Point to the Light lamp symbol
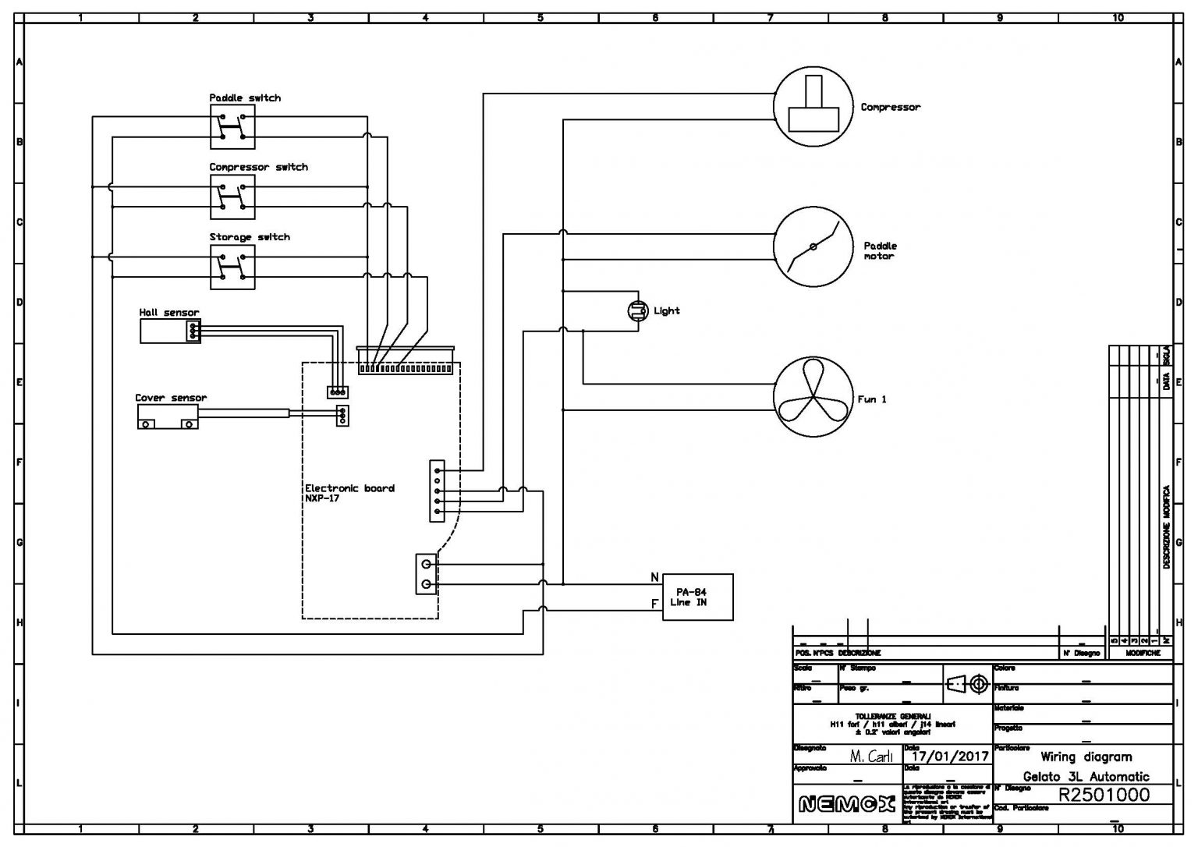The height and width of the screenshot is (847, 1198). tap(638, 311)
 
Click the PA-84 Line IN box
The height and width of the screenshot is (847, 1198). tap(697, 597)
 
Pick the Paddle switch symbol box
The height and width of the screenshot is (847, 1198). tap(232, 127)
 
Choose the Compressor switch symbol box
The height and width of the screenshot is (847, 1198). tap(232, 197)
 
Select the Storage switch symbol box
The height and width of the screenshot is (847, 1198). tap(232, 267)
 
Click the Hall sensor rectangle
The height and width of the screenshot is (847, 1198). tap(170, 331)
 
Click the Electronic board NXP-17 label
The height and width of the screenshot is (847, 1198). tap(349, 493)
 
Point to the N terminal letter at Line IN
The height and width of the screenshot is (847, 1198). tap(654, 578)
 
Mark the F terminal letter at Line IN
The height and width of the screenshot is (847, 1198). tap(654, 604)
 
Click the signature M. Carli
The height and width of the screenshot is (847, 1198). tap(870, 756)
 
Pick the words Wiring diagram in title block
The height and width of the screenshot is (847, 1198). tap(1086, 757)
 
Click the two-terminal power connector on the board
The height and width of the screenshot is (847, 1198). tap(426, 574)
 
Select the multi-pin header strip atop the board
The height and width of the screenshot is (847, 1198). tap(406, 365)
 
